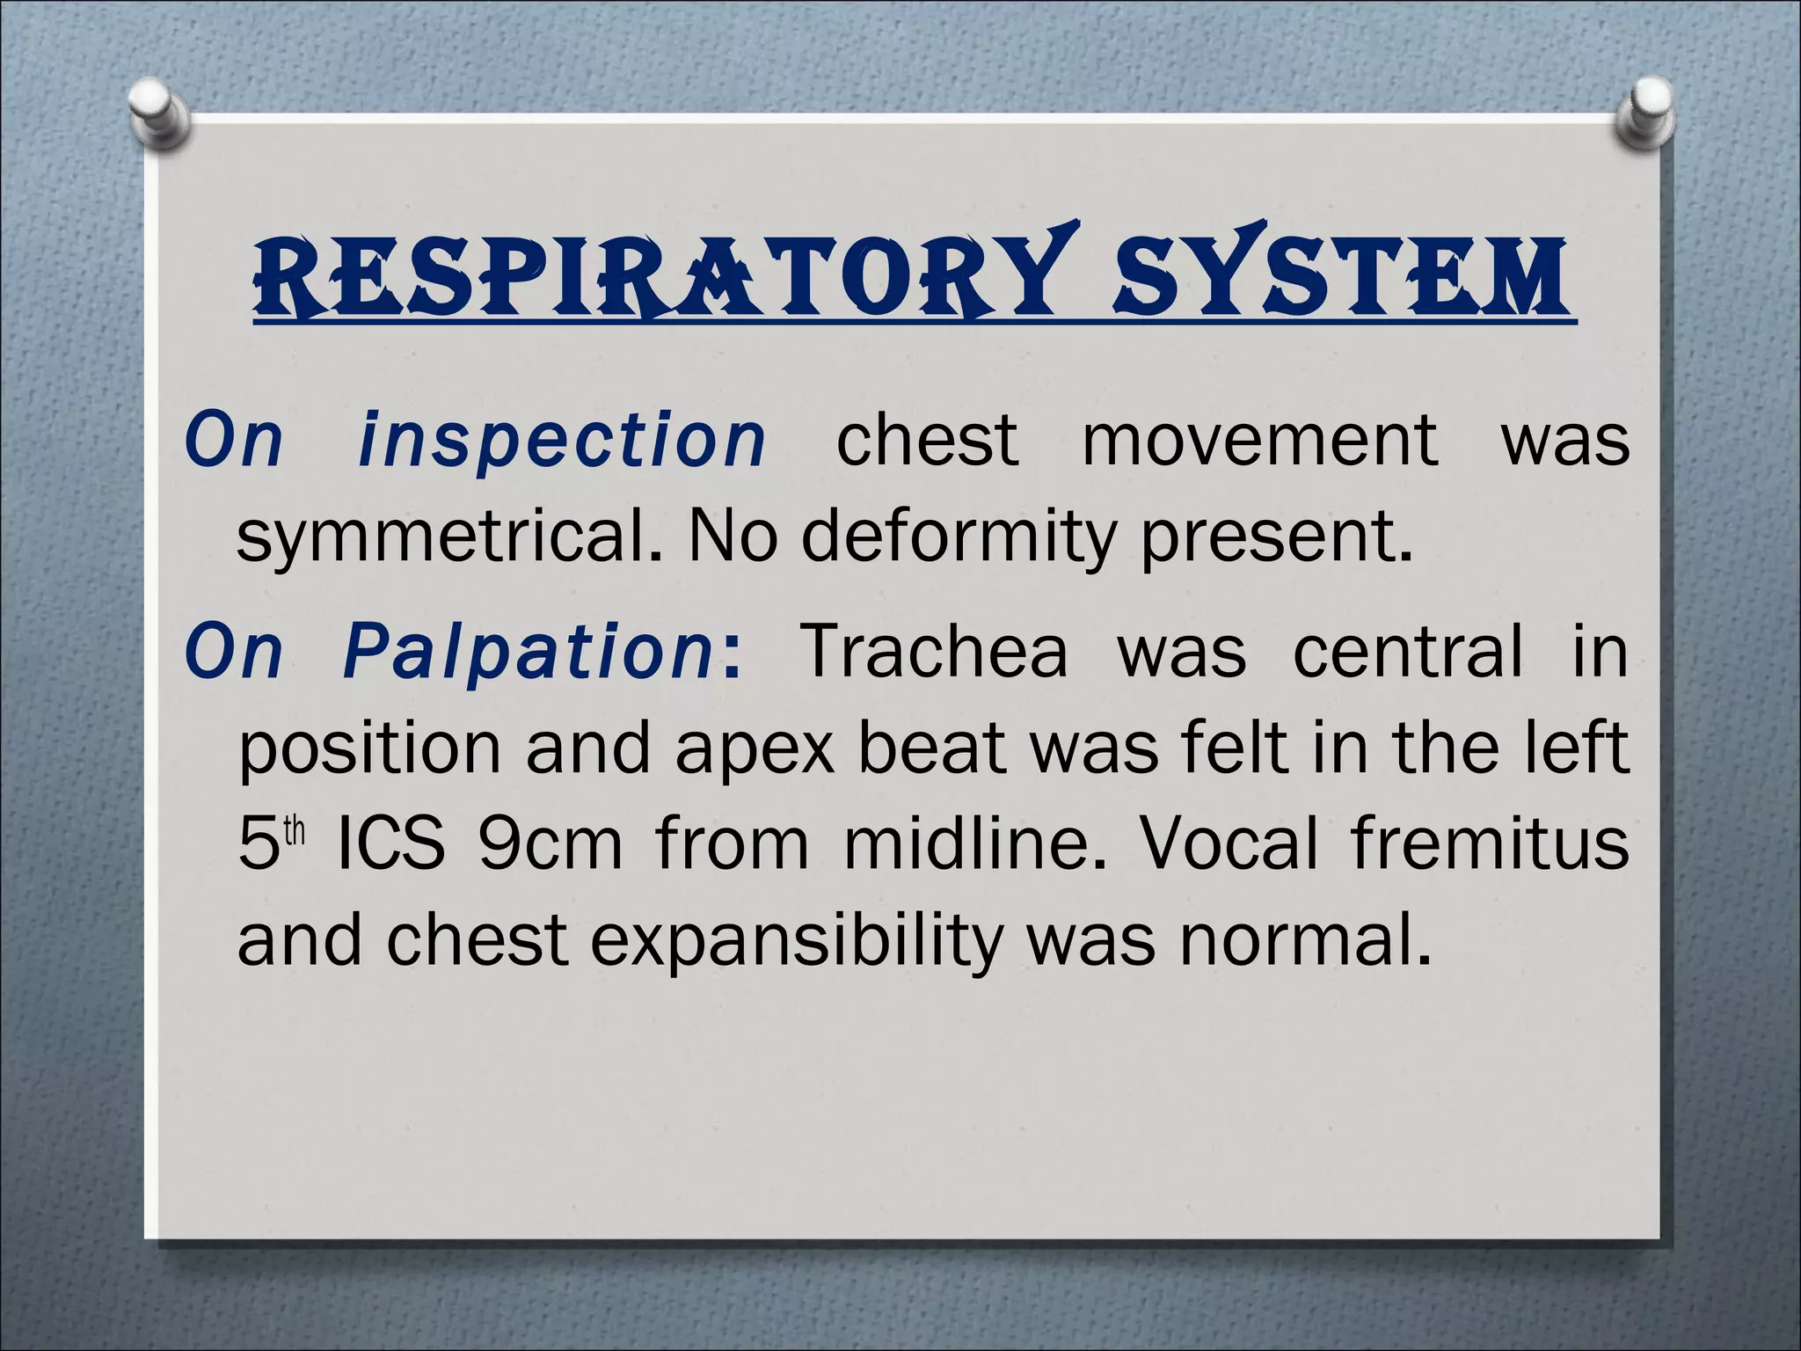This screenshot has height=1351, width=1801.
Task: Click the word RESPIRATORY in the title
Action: [x=651, y=273]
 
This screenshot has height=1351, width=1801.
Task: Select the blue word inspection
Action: [x=563, y=440]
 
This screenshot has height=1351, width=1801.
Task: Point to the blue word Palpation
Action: [x=528, y=652]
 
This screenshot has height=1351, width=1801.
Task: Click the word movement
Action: [x=1259, y=440]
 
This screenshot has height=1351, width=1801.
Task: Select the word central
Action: [x=1407, y=652]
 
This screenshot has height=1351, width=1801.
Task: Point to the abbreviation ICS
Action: [x=390, y=845]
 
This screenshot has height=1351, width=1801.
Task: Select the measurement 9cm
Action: [x=551, y=845]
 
